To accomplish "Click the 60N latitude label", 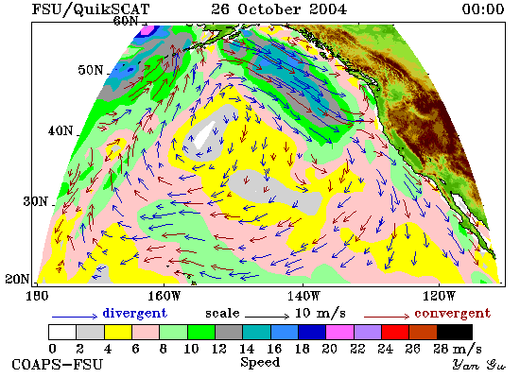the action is [x=126, y=21].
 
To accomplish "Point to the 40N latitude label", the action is [x=61, y=130].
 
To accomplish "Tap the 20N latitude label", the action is [x=17, y=279].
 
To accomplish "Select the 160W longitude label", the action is [x=165, y=296].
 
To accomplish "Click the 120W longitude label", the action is [x=439, y=296].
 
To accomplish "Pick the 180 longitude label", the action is [x=37, y=296].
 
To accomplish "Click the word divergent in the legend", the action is [x=134, y=313].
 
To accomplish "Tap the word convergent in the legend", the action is [x=452, y=314].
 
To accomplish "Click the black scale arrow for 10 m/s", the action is [x=268, y=317].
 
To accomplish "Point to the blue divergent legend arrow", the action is [x=75, y=317].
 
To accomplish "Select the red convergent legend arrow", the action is [x=387, y=317].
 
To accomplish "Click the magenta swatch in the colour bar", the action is [x=339, y=333].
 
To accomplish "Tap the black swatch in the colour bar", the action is [x=455, y=333].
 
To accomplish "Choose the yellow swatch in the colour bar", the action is [x=118, y=333].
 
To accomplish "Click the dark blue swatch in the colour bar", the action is [x=312, y=333].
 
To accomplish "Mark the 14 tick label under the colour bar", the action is [x=247, y=349].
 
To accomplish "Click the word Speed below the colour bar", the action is [x=260, y=363].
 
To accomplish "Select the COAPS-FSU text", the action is [x=58, y=365].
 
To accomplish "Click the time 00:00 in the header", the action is [x=483, y=9].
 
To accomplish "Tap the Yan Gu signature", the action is [x=479, y=365].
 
